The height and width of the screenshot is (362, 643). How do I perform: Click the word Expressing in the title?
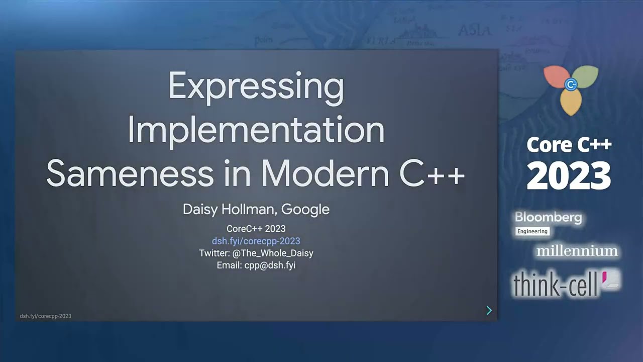256,86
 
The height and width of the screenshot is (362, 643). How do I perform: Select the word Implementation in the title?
256,130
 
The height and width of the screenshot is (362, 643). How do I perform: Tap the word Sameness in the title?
130,173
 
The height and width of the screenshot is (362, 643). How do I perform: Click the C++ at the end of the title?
433,173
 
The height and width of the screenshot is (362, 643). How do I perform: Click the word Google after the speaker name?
305,209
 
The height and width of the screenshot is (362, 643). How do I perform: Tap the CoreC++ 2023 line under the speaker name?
256,229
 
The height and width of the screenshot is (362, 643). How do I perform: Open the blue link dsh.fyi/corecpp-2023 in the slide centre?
256,241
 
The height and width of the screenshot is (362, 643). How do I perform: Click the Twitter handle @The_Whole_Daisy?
273,253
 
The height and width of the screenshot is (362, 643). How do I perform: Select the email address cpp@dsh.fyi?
270,265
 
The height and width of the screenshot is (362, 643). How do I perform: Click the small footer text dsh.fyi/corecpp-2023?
46,316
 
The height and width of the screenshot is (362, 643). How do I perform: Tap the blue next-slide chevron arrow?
489,311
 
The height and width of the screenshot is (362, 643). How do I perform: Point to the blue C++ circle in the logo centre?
571,84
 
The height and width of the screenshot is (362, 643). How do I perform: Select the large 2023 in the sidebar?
569,176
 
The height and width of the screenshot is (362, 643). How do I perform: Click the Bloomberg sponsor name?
548,218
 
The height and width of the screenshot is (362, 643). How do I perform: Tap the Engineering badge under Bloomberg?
532,231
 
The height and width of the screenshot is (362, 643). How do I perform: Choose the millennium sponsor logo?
577,250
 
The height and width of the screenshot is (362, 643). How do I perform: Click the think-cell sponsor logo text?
555,285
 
